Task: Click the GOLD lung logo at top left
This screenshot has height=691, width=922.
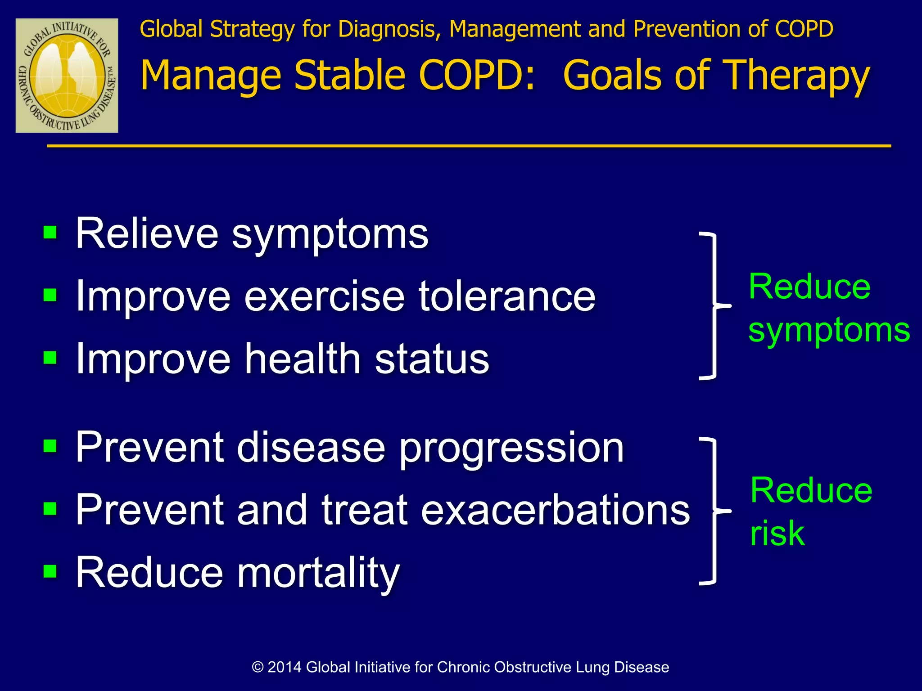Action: [67, 76]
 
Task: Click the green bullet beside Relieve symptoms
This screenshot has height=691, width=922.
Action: [50, 233]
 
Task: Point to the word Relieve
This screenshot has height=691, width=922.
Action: [146, 233]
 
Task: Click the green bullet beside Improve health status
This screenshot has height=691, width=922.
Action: [50, 358]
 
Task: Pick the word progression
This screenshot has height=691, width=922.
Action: [511, 448]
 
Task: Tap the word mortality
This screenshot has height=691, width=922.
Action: [318, 573]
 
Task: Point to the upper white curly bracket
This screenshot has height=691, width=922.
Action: [714, 306]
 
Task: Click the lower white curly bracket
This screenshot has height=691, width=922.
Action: [714, 511]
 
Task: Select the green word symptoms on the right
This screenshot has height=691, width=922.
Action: [829, 331]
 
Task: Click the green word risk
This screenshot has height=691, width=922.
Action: [777, 534]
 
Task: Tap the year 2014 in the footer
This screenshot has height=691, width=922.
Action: [285, 667]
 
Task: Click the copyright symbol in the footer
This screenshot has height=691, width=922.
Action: [258, 667]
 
